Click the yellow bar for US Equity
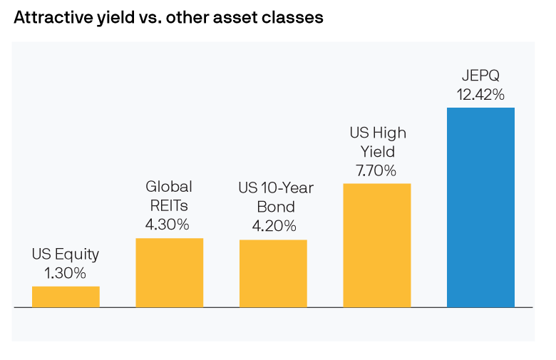click(66, 297)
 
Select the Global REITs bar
click(169, 272)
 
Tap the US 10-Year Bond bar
click(273, 273)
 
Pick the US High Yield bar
click(376, 245)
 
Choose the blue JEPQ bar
click(480, 207)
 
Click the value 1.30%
click(65, 273)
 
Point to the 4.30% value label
click(169, 225)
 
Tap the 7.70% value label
click(376, 171)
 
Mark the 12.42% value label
click(480, 95)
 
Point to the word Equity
click(76, 254)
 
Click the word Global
click(169, 187)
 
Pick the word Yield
click(376, 152)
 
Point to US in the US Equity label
click(40, 254)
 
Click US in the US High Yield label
click(358, 133)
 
